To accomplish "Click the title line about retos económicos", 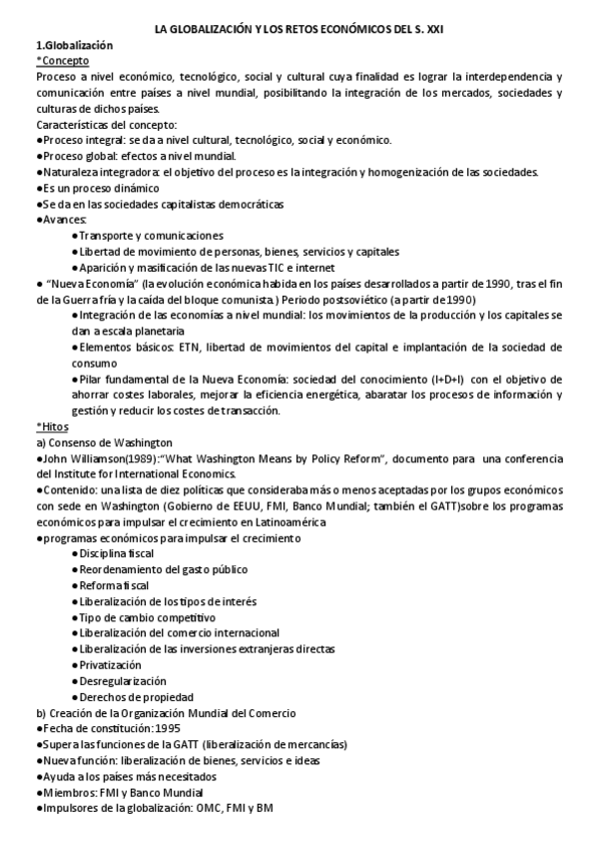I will point(299,32).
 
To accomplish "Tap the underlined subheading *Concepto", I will point(62,61).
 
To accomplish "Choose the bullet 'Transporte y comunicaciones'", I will point(151,235).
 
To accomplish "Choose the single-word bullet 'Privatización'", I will point(111,664).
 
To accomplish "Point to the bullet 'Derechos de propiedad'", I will point(137,696).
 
